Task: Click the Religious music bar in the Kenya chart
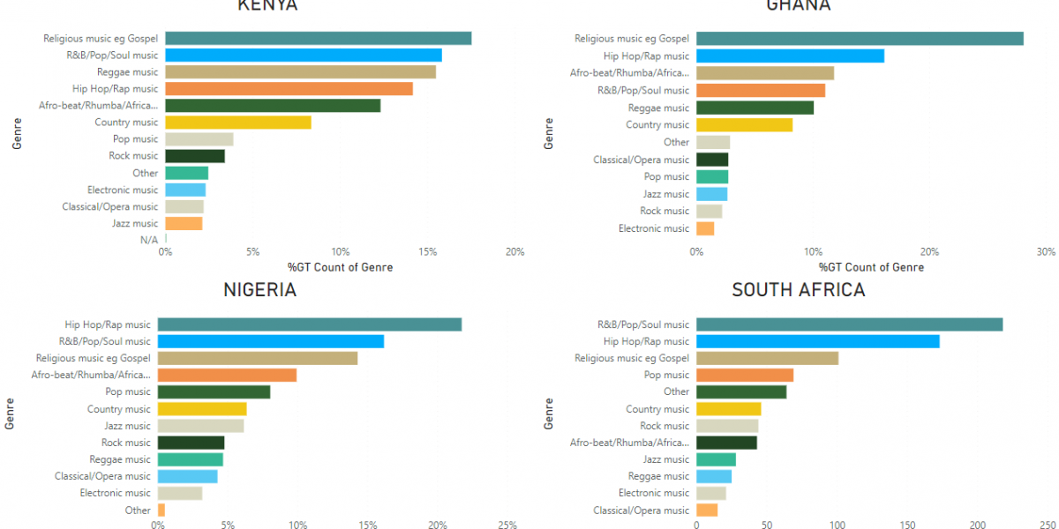tap(318, 38)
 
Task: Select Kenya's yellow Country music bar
tap(237, 123)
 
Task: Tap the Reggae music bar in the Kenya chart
tap(300, 72)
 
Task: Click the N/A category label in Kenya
tap(148, 240)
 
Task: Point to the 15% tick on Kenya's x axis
tap(428, 252)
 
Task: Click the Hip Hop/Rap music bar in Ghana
tap(790, 56)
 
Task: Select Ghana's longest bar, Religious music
tap(860, 38)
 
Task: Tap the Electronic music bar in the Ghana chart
tap(705, 228)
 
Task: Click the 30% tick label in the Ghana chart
tap(1046, 252)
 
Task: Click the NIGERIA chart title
tap(259, 290)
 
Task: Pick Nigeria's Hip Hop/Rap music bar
tap(310, 324)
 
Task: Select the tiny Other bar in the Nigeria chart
tap(161, 510)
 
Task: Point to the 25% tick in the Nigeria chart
tap(507, 526)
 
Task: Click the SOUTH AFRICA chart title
tap(798, 290)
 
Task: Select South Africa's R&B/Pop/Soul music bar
tap(849, 324)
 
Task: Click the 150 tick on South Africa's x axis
tap(907, 526)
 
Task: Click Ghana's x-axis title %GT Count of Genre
tap(870, 267)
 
